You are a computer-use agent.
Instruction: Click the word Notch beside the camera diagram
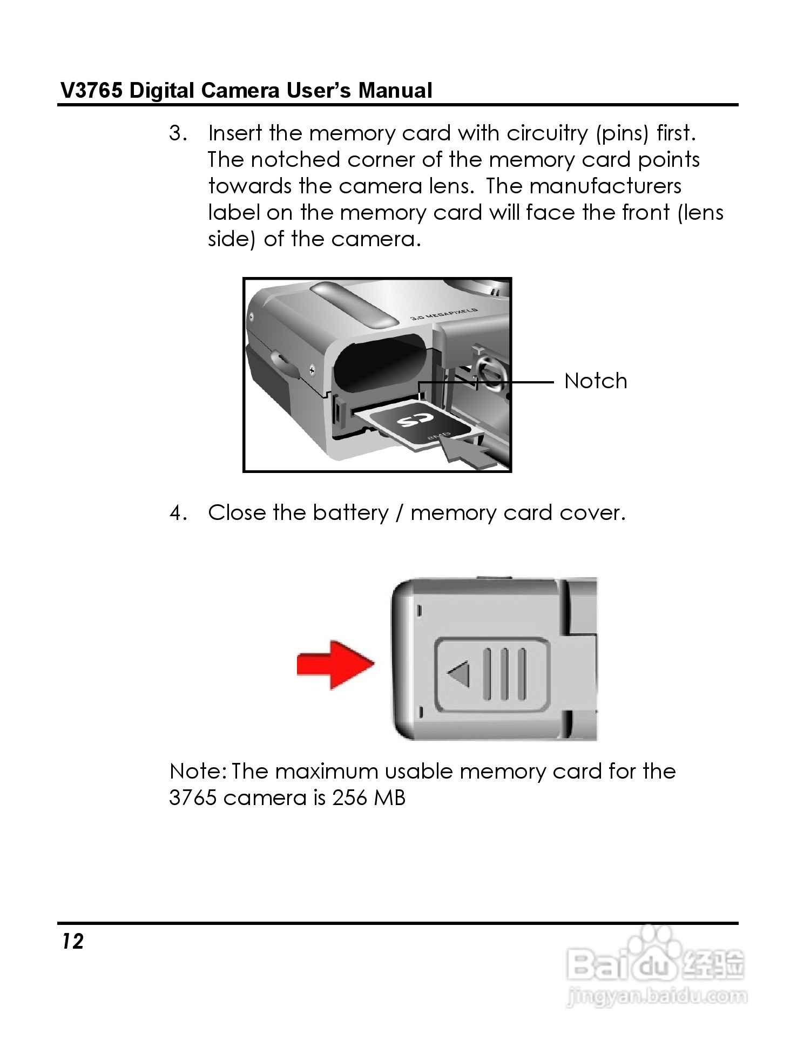click(595, 381)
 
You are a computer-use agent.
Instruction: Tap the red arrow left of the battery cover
click(335, 664)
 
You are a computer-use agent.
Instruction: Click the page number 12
click(72, 941)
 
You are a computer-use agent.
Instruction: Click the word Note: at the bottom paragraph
click(198, 771)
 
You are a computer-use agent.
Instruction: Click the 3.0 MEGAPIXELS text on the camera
click(444, 314)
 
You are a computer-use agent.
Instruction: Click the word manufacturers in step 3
click(605, 186)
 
